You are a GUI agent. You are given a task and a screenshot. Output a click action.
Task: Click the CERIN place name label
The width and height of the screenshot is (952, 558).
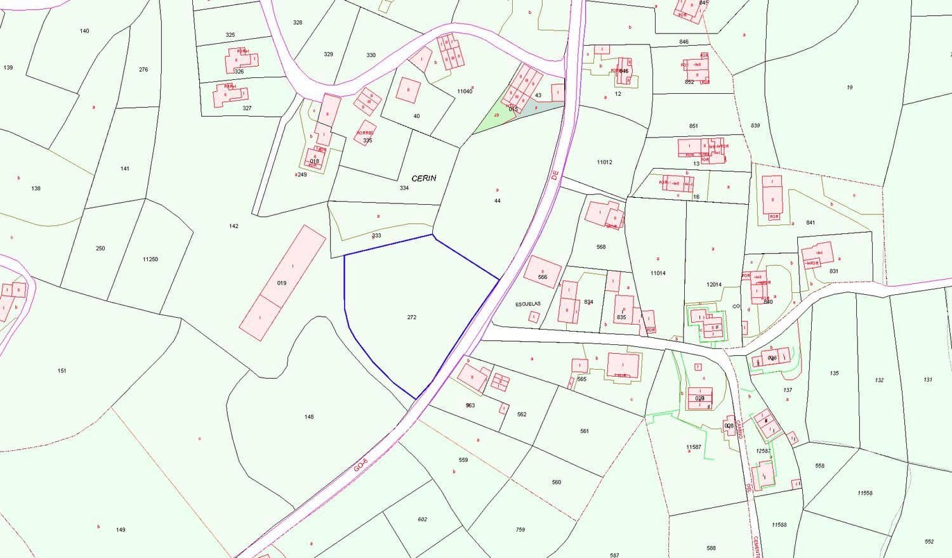(x=424, y=178)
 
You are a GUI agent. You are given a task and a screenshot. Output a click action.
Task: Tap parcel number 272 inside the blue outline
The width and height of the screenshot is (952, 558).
(x=412, y=317)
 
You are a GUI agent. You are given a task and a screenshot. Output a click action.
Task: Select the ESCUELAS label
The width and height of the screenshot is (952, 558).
(x=527, y=304)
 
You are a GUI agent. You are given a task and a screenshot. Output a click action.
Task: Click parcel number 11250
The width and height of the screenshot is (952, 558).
(x=150, y=259)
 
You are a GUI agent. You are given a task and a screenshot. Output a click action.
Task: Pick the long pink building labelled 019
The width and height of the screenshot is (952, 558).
(x=282, y=283)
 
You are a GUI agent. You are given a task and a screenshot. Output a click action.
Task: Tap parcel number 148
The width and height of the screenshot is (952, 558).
(x=309, y=417)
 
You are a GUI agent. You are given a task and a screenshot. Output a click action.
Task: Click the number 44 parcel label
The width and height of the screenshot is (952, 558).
(x=498, y=200)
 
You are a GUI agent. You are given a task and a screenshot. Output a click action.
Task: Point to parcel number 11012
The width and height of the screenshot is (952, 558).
(x=604, y=162)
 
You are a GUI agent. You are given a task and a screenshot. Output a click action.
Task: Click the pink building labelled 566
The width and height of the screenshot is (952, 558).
(x=543, y=271)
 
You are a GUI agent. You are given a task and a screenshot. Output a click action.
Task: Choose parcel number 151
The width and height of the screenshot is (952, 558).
(x=62, y=370)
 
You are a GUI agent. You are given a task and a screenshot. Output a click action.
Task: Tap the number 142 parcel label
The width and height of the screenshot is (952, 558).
(x=234, y=226)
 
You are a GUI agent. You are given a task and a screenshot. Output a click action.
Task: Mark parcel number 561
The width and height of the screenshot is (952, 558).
(x=585, y=431)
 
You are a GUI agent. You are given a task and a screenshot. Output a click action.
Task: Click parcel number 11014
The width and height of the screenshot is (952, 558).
(x=658, y=273)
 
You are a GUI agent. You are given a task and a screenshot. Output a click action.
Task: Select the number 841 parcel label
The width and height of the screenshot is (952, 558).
(x=810, y=223)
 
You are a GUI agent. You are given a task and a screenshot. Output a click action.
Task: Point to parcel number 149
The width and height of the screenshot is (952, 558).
(x=121, y=529)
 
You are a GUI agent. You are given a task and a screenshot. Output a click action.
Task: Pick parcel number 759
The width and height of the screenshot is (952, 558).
(x=520, y=529)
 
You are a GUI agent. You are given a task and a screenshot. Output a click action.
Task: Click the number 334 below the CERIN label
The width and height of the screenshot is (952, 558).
(x=404, y=188)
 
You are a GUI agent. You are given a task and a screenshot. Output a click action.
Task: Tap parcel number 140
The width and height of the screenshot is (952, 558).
(x=84, y=31)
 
